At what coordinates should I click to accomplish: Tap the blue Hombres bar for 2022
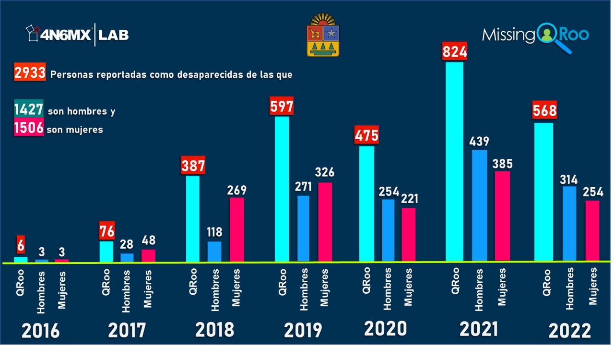point(569,224)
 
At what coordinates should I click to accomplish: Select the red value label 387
point(193,166)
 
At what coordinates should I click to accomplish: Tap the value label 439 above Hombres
point(479,142)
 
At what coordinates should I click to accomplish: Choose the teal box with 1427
point(29,110)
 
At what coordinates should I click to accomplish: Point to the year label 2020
point(385,329)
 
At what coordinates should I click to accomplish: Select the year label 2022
point(570,331)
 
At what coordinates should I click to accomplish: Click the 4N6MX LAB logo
point(77,35)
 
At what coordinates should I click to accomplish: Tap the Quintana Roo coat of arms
point(322,35)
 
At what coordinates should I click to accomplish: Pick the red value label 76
point(106,231)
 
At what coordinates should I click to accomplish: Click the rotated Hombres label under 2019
point(303,288)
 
